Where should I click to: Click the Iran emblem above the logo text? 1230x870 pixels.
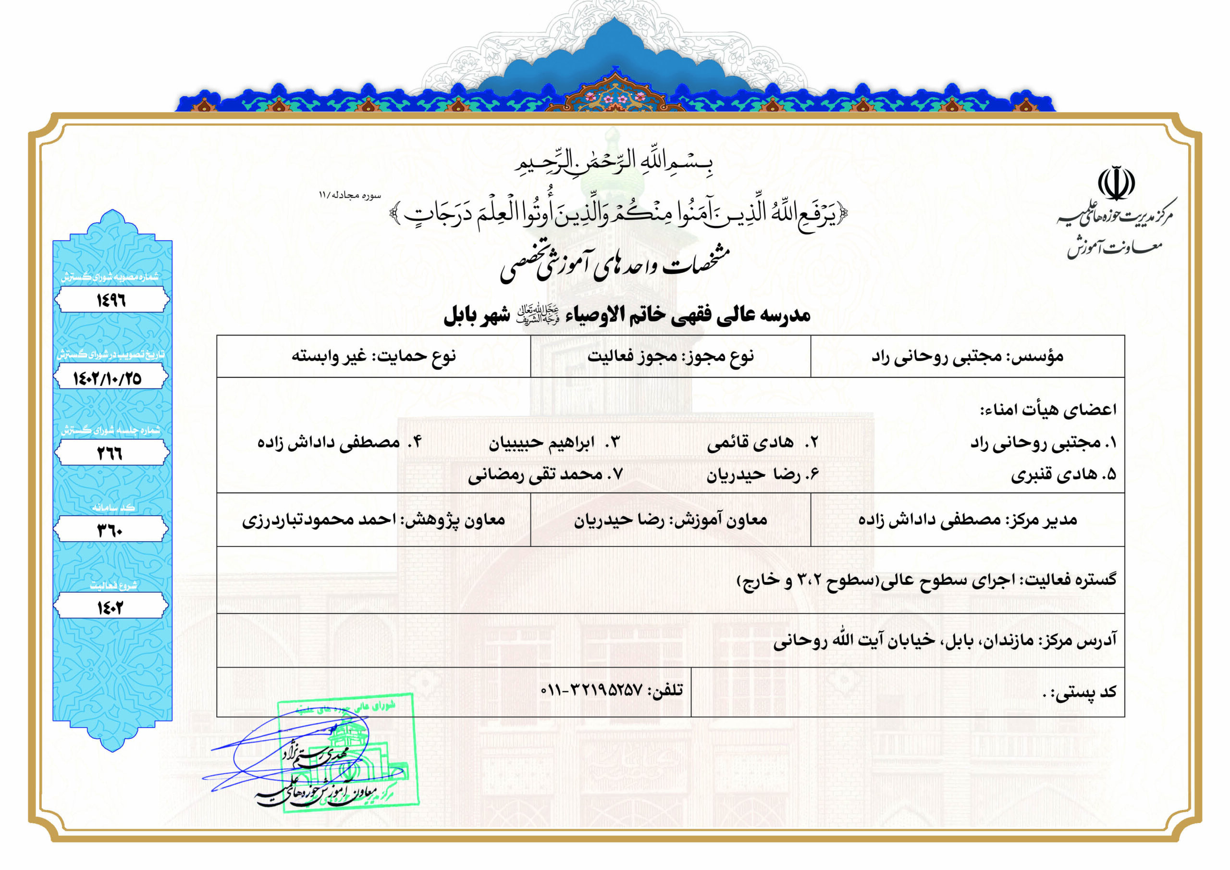tap(1117, 185)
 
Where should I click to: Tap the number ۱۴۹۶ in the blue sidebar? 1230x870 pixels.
tap(111, 300)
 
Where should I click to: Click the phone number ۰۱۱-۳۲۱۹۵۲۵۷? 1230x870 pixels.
tap(591, 689)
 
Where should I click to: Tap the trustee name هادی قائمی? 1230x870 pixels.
tap(750, 443)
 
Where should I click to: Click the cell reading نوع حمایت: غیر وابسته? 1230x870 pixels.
tap(373, 356)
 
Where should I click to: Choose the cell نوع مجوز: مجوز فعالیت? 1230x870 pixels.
tap(670, 356)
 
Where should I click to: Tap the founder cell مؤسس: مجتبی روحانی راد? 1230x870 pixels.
tap(967, 356)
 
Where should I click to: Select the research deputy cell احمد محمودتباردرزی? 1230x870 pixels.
tap(373, 520)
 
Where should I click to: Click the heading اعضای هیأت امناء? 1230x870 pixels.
tap(1048, 410)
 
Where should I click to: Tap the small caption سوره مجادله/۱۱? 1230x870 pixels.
tap(350, 196)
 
